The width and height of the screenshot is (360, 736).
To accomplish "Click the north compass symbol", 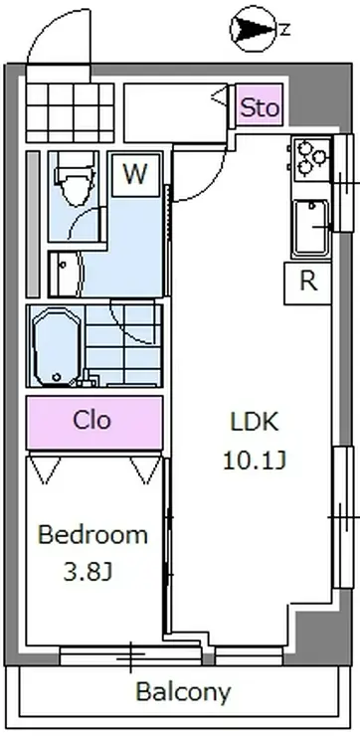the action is pos(254,29).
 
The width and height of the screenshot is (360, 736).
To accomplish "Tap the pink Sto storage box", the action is pos(260,105).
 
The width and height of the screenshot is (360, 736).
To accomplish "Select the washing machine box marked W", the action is pos(135,175).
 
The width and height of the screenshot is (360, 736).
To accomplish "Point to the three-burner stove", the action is pos(309,159).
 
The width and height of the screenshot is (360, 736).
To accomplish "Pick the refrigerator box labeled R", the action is pos(307,283).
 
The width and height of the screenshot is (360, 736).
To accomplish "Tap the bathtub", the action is pos(57,346).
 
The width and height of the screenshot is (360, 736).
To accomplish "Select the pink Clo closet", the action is pos(94,423).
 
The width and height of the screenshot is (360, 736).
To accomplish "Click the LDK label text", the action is pos(255,422).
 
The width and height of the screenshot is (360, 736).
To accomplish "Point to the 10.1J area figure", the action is pos(254,460).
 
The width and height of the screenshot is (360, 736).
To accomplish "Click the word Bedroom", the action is pos(92,535).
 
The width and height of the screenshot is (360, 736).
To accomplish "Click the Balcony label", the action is pos(184,691).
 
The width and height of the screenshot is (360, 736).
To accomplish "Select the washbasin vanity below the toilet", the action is pos(66,275).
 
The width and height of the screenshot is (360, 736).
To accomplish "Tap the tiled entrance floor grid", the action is pos(70,112).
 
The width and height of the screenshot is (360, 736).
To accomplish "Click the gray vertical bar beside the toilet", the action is pos(33,224).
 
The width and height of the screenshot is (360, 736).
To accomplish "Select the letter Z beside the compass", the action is pos(284,30).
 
